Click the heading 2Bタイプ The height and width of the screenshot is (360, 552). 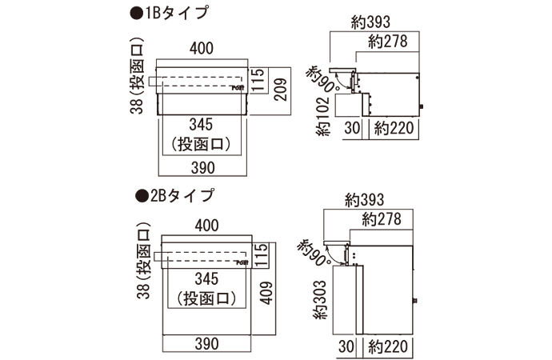coord(174,194)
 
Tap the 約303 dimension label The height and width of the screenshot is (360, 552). coord(320,300)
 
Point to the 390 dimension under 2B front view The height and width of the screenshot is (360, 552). coord(206,345)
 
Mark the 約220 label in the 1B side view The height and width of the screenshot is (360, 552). coord(392,128)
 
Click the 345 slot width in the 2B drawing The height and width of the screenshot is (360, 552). coord(206,280)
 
